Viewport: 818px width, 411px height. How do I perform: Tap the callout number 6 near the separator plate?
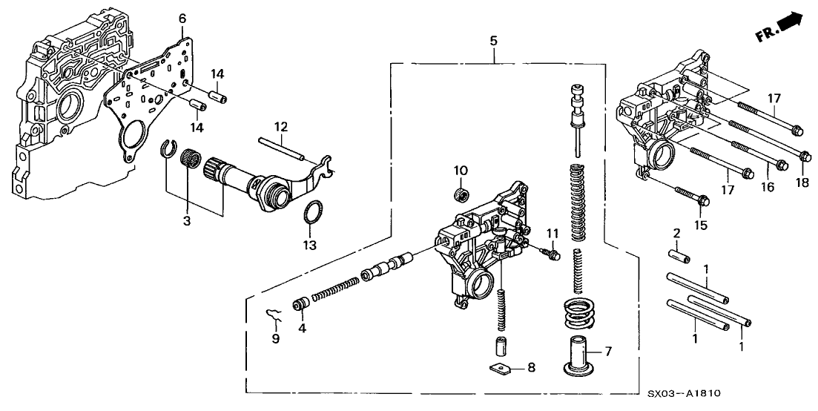pyautogui.click(x=182, y=19)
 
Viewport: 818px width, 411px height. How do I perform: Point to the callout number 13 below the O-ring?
pyautogui.click(x=311, y=245)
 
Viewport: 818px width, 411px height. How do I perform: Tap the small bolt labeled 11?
pyautogui.click(x=553, y=255)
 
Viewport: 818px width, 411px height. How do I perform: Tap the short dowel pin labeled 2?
pyautogui.click(x=681, y=258)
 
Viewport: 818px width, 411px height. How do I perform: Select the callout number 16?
pyautogui.click(x=766, y=188)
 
